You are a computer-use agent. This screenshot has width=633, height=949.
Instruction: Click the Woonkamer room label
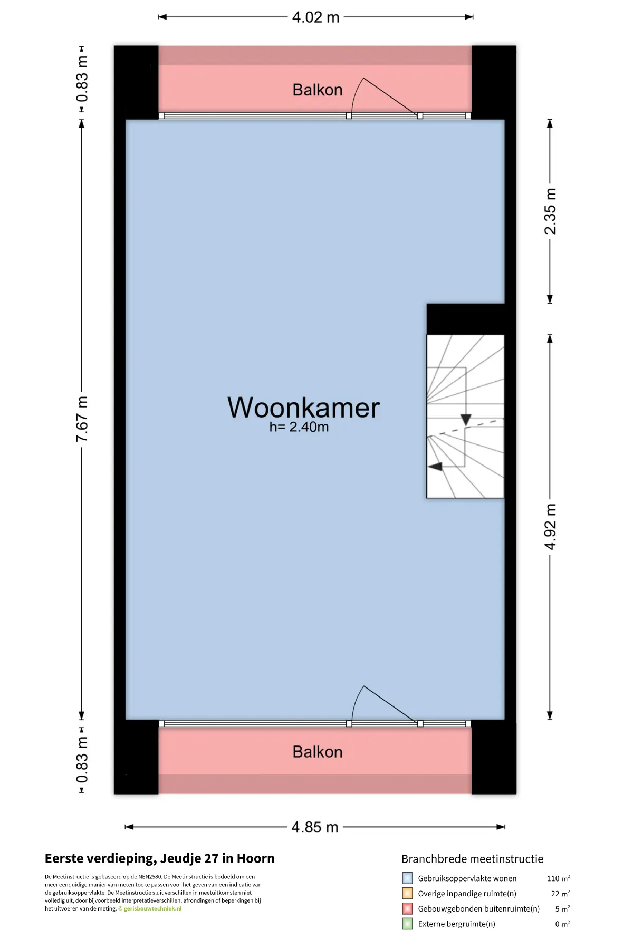tap(303, 408)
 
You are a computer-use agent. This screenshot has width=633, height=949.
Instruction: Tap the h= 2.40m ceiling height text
tap(299, 427)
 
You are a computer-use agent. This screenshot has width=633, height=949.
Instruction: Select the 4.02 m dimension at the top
tap(315, 17)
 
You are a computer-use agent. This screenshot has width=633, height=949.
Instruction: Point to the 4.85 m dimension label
tap(315, 827)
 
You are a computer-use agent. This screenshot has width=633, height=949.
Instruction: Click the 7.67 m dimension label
tap(82, 419)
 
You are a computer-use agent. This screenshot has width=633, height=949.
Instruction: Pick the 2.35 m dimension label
tap(550, 211)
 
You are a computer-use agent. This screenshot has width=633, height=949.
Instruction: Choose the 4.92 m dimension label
tap(550, 526)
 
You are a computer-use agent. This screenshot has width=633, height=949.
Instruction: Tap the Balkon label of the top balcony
tap(318, 90)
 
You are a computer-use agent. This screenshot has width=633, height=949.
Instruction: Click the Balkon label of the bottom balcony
tap(318, 752)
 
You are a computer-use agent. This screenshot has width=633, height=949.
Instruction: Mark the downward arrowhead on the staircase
tap(466, 420)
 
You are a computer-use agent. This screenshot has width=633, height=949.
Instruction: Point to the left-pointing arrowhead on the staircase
tap(435, 467)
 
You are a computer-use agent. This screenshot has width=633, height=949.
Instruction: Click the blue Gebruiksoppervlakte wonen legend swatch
tap(407, 878)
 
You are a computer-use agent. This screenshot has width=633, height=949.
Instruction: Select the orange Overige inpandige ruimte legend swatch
tap(407, 894)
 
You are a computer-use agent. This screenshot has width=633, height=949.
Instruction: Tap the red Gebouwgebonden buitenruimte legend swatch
tap(407, 908)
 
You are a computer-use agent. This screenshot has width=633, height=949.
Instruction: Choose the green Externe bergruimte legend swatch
tap(407, 924)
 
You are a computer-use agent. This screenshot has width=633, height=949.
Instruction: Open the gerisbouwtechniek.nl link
tap(152, 908)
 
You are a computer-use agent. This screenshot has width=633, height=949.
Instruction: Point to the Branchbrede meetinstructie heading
tap(472, 859)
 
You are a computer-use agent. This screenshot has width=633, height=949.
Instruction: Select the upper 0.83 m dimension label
tap(82, 79)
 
